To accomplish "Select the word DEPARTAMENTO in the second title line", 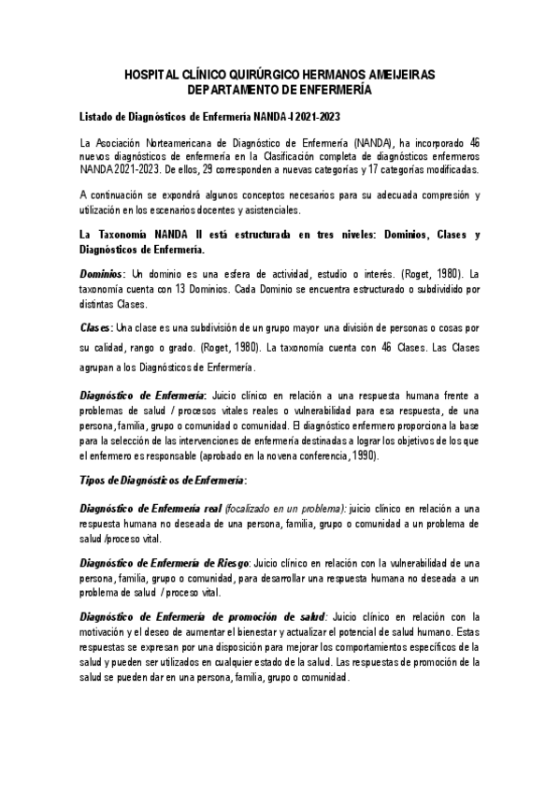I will pyautogui.click(x=235, y=90).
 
